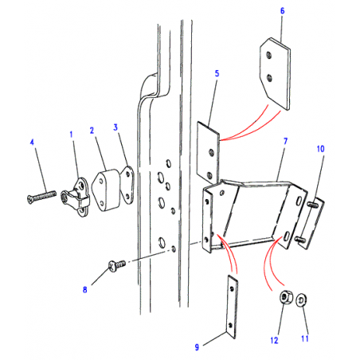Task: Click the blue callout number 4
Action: click(x=32, y=143)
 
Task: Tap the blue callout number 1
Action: click(x=71, y=135)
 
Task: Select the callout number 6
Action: click(x=283, y=11)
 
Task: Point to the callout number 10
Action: click(x=320, y=149)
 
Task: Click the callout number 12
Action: click(x=274, y=340)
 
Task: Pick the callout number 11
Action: click(x=305, y=338)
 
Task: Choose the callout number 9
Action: click(x=197, y=347)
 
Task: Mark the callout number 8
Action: click(x=85, y=289)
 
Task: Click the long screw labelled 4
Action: click(x=42, y=196)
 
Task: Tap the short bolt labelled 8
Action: click(x=117, y=265)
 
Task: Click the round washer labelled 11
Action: click(x=302, y=299)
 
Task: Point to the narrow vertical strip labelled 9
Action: click(x=232, y=307)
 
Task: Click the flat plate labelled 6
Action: click(x=275, y=73)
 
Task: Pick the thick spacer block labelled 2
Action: click(x=106, y=190)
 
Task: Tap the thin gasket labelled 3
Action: click(x=127, y=185)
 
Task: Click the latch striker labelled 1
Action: click(x=76, y=197)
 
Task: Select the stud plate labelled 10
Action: click(x=311, y=223)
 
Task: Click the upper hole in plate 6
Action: click(x=269, y=55)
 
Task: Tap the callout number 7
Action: click(x=285, y=141)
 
